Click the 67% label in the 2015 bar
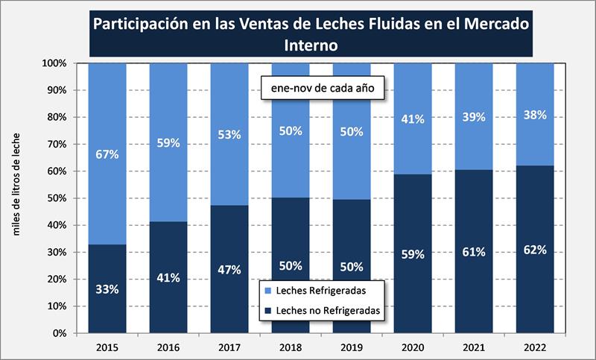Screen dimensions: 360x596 [107, 154]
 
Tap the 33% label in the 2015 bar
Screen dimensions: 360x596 [107, 289]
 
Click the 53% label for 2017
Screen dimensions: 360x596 [229, 134]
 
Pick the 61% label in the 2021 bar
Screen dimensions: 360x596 [472, 252]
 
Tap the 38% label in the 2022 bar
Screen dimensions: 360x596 [534, 115]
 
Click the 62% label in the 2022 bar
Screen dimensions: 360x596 [534, 250]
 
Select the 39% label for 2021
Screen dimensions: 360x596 [472, 117]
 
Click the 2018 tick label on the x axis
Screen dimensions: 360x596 [290, 347]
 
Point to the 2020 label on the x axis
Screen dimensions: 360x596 [412, 347]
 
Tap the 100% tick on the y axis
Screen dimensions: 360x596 [56, 63]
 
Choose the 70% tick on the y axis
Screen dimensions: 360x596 [58, 144]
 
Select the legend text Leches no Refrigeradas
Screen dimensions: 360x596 [329, 307]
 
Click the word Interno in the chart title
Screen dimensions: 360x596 [311, 45]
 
